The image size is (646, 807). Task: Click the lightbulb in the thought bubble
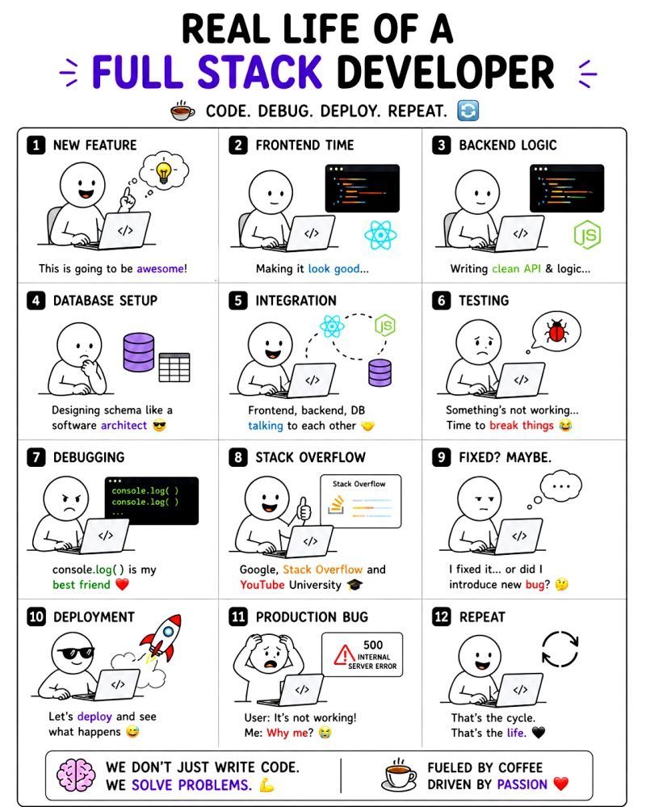click(x=164, y=172)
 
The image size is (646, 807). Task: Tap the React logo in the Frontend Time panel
click(x=380, y=235)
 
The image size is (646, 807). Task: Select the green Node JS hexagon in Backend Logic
click(x=587, y=235)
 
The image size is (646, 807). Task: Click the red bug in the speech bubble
click(x=556, y=331)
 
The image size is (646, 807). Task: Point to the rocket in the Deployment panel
click(x=161, y=638)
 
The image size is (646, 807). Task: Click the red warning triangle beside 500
click(x=343, y=655)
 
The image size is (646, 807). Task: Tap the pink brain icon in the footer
click(x=76, y=775)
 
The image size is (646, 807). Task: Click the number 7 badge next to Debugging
click(x=36, y=457)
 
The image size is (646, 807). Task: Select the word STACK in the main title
click(x=260, y=72)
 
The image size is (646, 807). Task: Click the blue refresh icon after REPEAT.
click(x=468, y=111)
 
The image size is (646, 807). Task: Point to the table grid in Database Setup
click(x=174, y=368)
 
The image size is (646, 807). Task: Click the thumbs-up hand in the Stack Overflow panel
click(x=304, y=509)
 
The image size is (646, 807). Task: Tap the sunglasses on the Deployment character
click(x=75, y=653)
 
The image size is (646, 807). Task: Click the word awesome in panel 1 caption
click(x=161, y=268)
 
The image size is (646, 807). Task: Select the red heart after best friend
click(x=122, y=585)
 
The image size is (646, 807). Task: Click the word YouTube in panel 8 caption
click(x=262, y=585)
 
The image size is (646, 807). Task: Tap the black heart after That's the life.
click(x=538, y=733)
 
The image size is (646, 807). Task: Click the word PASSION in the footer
click(x=522, y=784)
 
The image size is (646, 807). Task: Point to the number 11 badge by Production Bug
click(x=238, y=616)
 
